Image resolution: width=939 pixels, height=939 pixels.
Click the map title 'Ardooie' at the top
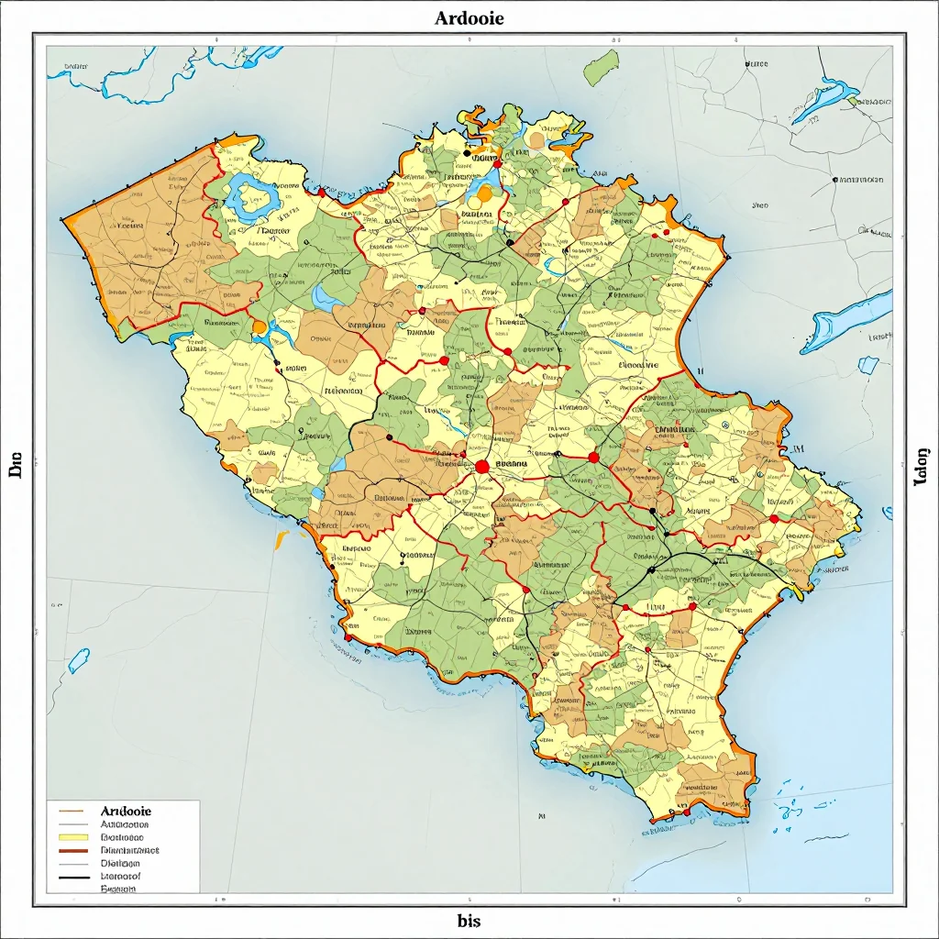469,17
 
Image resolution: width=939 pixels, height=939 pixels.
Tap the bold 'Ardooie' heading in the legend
125,812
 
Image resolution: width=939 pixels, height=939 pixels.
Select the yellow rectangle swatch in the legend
71,837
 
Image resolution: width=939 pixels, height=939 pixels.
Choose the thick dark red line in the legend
71,851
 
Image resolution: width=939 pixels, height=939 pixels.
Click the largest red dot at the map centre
482,467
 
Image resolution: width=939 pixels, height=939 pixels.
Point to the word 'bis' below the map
469,920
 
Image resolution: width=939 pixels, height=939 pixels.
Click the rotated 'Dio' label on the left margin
16,469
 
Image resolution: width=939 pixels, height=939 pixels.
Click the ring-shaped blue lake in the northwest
249,199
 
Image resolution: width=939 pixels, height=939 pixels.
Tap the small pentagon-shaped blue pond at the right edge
867,365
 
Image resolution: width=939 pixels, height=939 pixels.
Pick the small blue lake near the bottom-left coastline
78,659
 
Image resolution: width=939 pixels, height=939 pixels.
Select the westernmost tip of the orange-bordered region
63,220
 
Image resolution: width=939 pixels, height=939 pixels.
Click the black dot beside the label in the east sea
834,180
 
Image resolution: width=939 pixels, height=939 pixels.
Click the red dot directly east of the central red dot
593,457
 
